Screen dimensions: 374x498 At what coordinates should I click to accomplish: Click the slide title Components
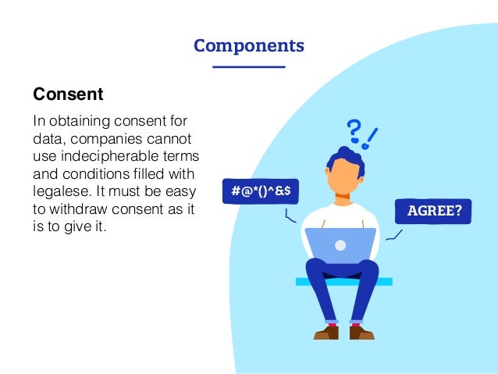click(249, 45)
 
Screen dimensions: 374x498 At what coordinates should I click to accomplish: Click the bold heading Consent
click(68, 95)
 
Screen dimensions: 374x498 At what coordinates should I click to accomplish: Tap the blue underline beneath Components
click(249, 67)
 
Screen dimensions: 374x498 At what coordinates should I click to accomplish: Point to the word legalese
click(62, 191)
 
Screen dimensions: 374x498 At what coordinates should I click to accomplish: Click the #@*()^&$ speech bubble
click(261, 191)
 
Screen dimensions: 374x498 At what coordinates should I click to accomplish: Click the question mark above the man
click(354, 133)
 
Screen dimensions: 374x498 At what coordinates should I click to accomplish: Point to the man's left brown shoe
click(326, 332)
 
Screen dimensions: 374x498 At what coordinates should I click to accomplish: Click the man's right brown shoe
click(361, 332)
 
